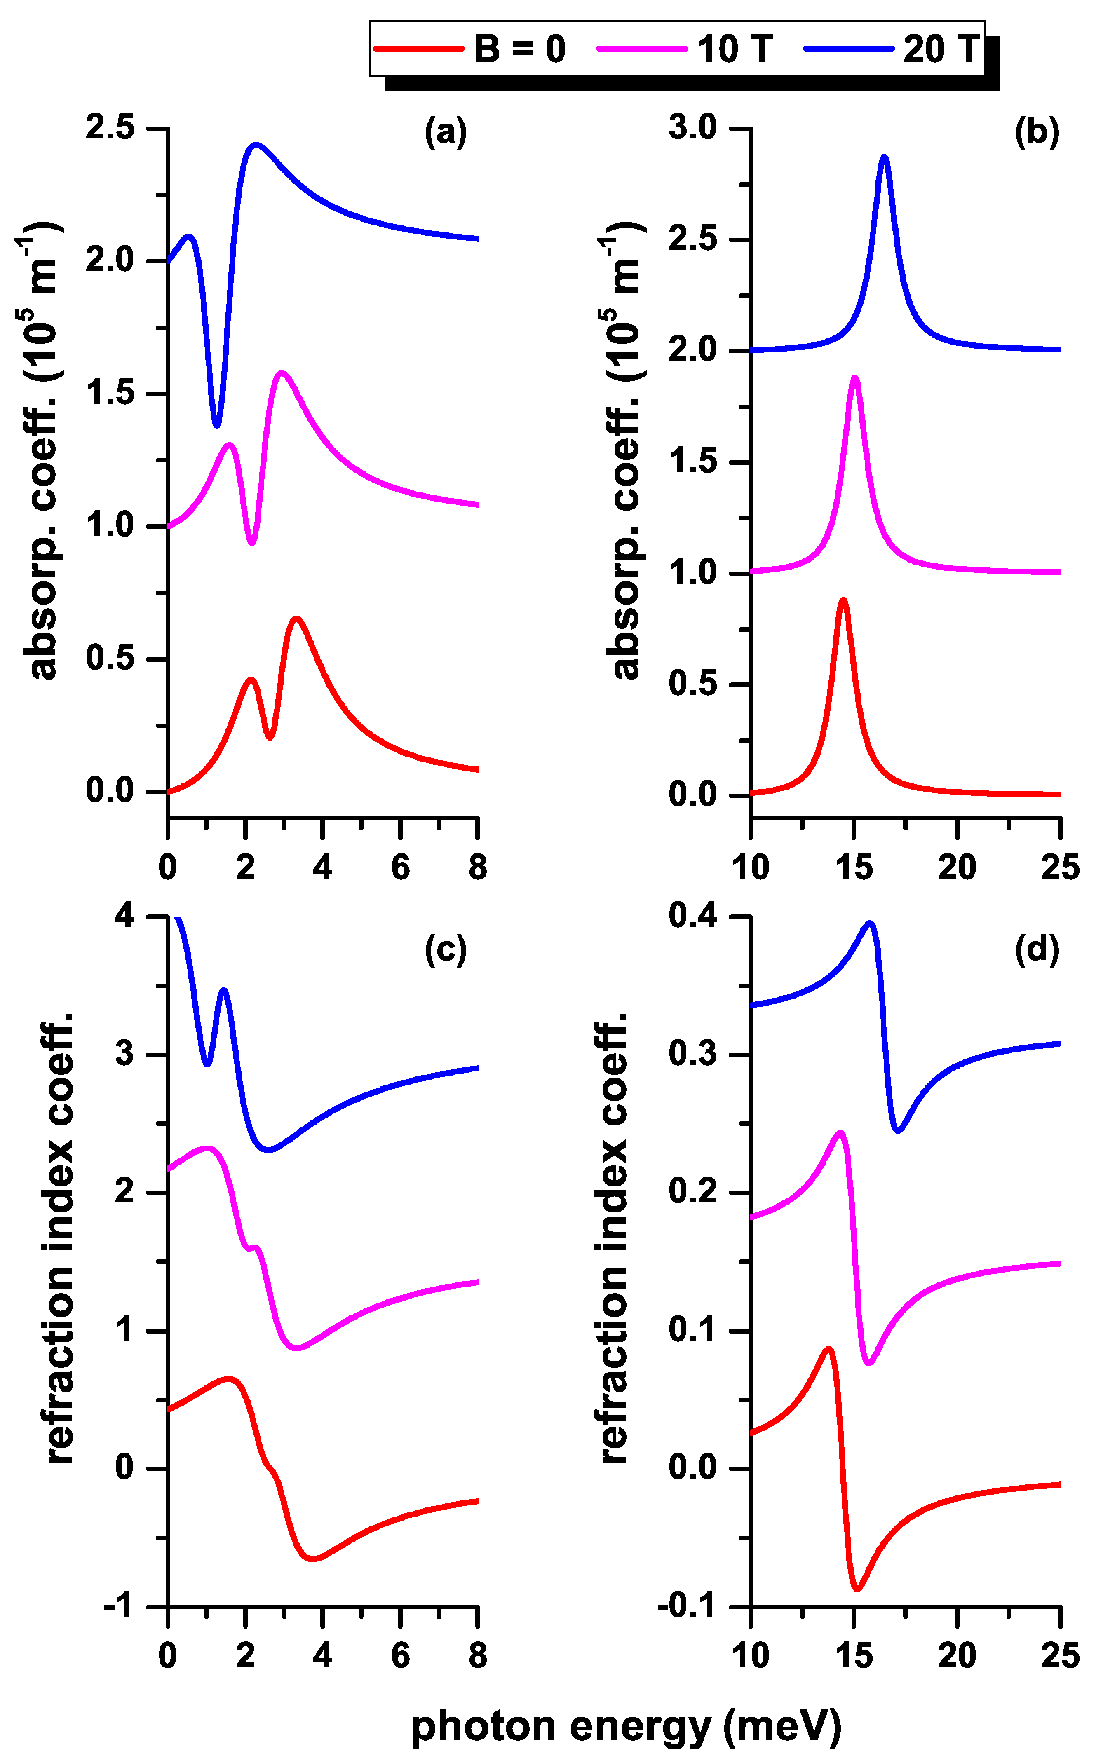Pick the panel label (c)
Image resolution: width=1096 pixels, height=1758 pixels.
(x=445, y=949)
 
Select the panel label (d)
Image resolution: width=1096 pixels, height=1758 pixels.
(x=1037, y=949)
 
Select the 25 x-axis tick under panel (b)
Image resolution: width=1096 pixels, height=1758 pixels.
(x=1060, y=867)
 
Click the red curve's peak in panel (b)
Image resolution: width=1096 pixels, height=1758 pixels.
(x=842, y=600)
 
